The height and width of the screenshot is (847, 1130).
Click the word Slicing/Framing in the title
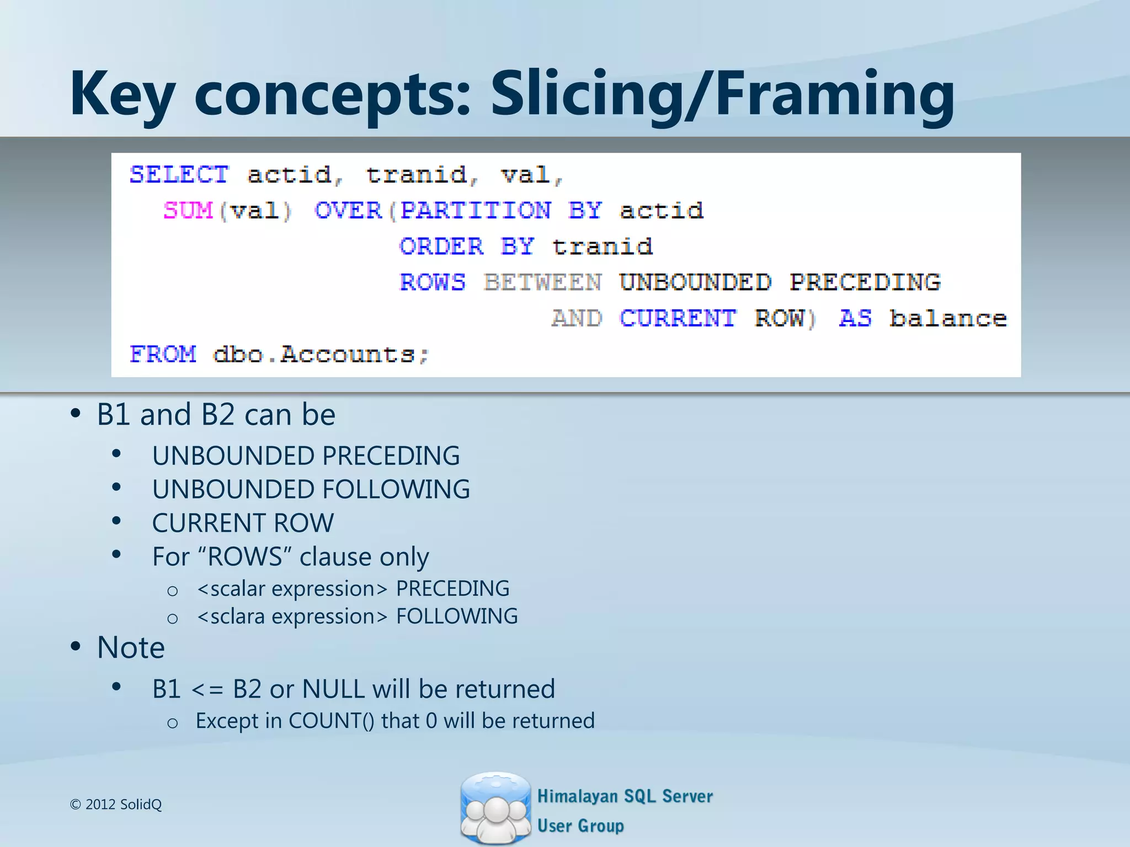(x=722, y=94)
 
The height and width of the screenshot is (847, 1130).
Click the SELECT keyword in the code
(x=179, y=175)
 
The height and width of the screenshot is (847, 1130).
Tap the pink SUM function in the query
(x=188, y=211)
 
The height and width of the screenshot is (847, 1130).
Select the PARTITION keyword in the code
(x=475, y=211)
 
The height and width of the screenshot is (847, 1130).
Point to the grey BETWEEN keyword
(x=543, y=282)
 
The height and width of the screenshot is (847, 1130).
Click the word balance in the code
(x=948, y=319)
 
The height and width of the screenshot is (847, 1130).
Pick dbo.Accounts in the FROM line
(x=321, y=354)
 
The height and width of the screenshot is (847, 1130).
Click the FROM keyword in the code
(x=163, y=354)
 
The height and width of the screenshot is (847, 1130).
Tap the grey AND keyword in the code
(x=577, y=319)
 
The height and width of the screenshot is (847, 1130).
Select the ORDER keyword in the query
(x=441, y=246)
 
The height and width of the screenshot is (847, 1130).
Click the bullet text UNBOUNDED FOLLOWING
(x=311, y=490)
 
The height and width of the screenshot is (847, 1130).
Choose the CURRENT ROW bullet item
(x=243, y=523)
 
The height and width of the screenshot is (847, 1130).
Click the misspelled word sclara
(x=238, y=617)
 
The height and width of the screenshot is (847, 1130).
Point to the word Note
(x=131, y=647)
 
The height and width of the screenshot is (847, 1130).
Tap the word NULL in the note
(x=333, y=689)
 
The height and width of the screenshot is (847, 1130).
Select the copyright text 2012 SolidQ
(x=123, y=805)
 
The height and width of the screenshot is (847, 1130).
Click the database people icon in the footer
(x=495, y=807)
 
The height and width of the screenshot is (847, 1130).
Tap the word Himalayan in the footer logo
(x=577, y=796)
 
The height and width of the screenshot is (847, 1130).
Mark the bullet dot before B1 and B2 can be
(x=76, y=414)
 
